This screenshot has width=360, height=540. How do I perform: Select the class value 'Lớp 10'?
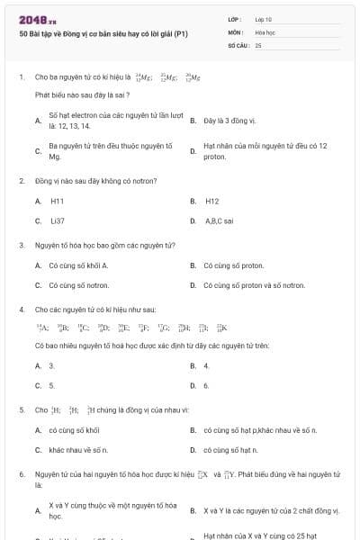click(264, 19)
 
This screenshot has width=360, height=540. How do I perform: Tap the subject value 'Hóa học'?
click(265, 31)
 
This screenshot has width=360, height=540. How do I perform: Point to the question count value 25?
click(258, 44)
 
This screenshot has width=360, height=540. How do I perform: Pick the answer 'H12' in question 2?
click(211, 201)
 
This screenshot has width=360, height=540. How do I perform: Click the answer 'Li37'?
click(57, 220)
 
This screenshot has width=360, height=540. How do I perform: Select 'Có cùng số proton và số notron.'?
click(254, 284)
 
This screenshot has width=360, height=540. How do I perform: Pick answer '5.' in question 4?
click(52, 385)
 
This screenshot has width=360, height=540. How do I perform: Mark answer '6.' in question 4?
click(206, 385)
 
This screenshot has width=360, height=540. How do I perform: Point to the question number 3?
click(22, 245)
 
